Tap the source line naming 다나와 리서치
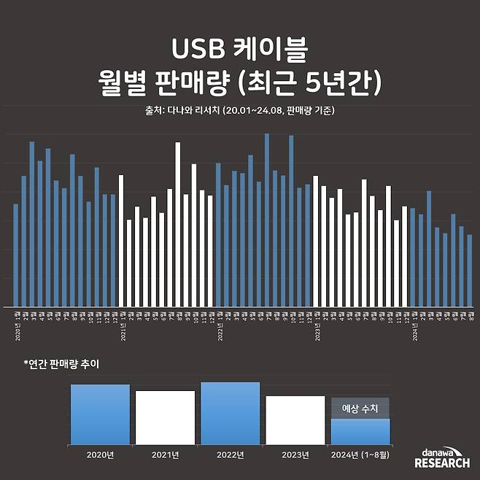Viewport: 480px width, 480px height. [240, 110]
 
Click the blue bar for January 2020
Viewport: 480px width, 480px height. [15, 255]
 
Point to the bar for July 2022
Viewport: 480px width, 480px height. [267, 220]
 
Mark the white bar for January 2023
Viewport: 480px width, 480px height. [316, 241]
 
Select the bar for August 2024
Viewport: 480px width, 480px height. [470, 271]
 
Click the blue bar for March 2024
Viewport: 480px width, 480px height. [429, 249]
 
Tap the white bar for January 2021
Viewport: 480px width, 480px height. [121, 241]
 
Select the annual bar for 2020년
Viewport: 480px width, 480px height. [100, 414]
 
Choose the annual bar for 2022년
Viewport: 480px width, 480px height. [230, 413]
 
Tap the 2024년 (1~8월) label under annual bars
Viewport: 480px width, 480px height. [360, 455]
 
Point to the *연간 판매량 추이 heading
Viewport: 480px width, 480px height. [61, 363]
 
